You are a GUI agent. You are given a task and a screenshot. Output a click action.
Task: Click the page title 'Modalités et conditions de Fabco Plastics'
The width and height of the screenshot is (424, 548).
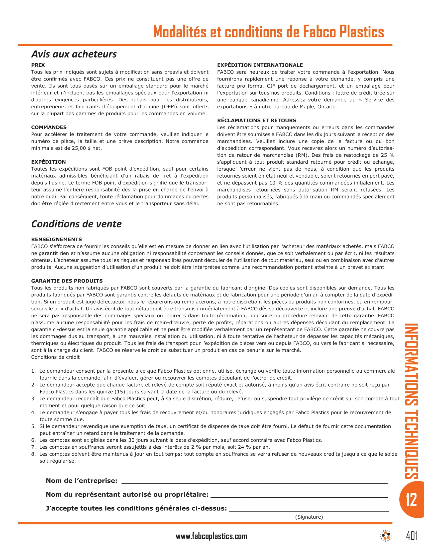coord(268,32)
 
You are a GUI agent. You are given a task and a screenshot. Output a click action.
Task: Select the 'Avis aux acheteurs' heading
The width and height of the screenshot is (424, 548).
coord(74,54)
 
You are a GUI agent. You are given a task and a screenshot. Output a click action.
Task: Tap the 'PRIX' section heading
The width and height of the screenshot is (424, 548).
coord(38,65)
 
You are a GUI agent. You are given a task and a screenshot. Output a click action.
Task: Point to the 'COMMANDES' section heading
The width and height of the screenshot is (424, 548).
coord(49,127)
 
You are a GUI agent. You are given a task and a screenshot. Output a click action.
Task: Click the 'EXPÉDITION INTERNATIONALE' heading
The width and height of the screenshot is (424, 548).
coord(260,65)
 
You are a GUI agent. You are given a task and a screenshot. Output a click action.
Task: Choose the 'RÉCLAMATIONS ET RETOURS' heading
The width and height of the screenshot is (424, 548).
coord(256,121)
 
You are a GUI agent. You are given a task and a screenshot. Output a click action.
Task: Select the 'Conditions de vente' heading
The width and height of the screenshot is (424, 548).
coord(76,224)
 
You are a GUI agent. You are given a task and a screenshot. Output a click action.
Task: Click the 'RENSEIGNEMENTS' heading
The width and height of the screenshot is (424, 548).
coord(57,239)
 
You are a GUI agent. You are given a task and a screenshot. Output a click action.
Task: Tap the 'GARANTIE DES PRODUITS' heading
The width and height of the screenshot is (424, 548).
coord(67,281)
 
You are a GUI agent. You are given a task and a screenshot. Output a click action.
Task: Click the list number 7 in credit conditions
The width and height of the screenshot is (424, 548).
coord(33,447)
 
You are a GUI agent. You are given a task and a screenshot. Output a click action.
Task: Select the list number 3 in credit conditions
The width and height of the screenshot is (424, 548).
coord(33,399)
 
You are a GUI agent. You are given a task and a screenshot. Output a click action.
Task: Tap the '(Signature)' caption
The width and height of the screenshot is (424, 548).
coord(309,517)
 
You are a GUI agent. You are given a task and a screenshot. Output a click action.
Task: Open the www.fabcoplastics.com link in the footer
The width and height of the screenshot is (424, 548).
coord(211,536)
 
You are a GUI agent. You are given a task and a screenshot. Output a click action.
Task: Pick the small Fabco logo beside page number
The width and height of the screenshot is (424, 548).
coord(386,536)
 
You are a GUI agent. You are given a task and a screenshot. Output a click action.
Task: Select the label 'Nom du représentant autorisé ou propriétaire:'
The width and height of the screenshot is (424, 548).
coord(127,494)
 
